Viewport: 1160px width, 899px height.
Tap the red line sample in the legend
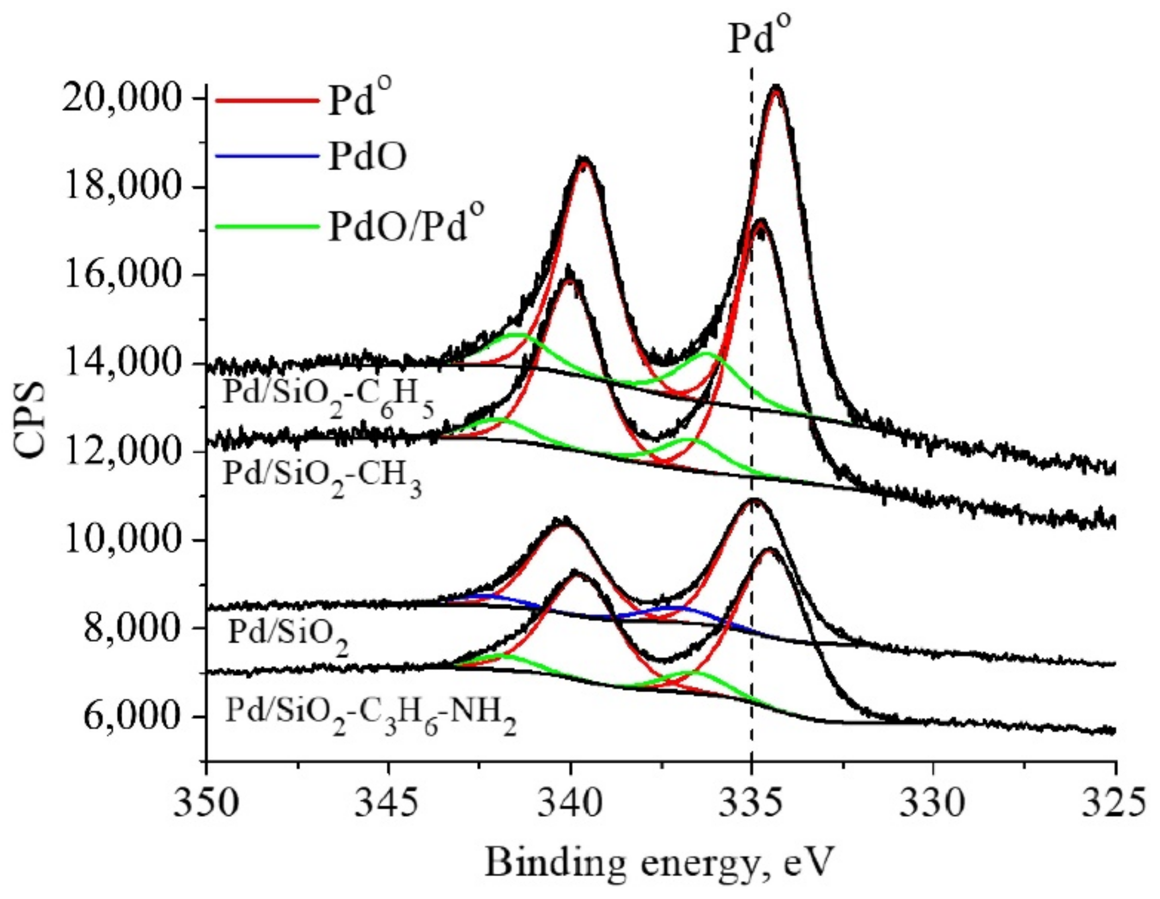pyautogui.click(x=266, y=100)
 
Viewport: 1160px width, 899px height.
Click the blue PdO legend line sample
pyautogui.click(x=266, y=157)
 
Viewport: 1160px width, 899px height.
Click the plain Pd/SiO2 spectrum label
pyautogui.click(x=288, y=634)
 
